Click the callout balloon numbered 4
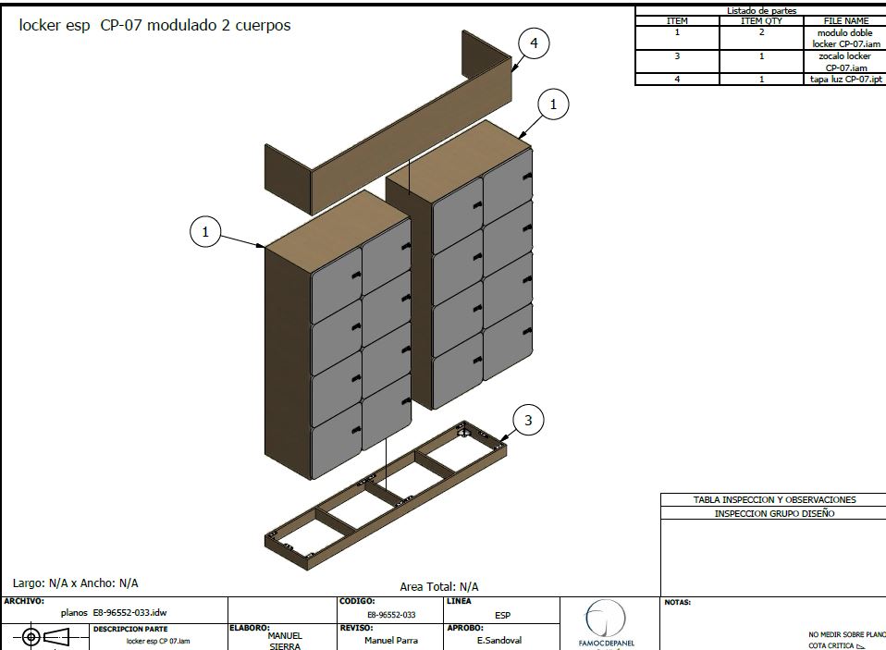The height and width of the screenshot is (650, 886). [534, 43]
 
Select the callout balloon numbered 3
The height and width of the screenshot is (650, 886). [528, 421]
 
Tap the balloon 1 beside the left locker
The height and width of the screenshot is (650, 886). [205, 232]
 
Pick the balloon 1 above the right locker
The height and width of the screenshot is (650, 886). [553, 105]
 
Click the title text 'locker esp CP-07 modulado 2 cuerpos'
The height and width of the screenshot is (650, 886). [155, 26]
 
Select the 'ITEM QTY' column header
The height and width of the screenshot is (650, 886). [761, 20]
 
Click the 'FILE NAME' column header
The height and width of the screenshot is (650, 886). [845, 20]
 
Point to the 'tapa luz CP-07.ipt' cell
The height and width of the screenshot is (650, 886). [845, 80]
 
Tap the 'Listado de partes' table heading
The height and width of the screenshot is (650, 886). [761, 10]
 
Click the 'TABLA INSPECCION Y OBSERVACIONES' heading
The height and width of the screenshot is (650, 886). [774, 499]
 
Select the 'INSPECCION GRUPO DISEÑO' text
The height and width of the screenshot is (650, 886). [774, 513]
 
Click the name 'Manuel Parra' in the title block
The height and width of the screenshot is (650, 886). [390, 640]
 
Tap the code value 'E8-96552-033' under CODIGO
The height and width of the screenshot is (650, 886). [391, 614]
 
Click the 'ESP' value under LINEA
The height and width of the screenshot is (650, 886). [502, 615]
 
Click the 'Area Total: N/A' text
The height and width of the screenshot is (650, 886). [439, 586]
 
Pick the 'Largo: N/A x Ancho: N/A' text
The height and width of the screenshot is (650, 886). [76, 583]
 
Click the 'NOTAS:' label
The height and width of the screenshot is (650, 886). [678, 603]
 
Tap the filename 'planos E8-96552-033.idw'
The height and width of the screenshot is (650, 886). [114, 612]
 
